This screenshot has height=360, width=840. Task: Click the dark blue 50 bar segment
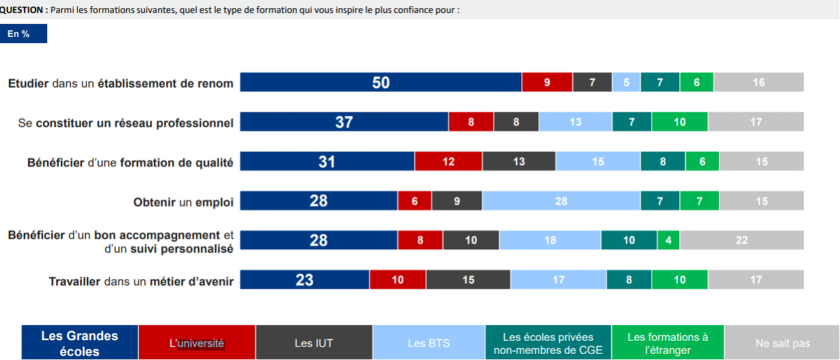point(380,82)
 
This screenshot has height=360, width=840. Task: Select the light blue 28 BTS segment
point(561,201)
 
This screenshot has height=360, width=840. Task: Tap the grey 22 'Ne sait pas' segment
point(741,240)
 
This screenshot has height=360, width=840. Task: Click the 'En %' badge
point(23,34)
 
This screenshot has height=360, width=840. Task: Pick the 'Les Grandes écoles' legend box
point(80,343)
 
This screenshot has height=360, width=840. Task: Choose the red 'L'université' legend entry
point(197,343)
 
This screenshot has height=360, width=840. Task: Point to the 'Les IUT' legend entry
point(314,343)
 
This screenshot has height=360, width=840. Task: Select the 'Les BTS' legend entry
point(429,343)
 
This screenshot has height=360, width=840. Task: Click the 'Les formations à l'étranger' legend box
point(668,343)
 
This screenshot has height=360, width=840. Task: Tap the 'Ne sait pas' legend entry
point(783,343)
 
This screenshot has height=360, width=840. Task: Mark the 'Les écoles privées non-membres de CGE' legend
point(548,343)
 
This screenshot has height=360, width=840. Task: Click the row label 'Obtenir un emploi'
point(183,202)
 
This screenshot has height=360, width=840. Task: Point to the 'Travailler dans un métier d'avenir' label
point(141,281)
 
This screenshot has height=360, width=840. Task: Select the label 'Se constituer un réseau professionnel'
point(125,123)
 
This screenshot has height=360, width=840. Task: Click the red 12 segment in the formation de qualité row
point(448,162)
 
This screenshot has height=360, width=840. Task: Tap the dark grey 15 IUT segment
point(468,280)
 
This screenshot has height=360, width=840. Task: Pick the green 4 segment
point(668,240)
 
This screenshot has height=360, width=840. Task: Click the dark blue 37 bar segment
point(344,122)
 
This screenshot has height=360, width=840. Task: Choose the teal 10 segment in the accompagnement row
point(629,240)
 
